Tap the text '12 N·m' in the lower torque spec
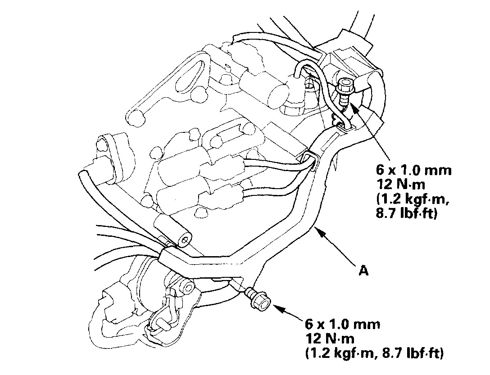[x=327, y=339]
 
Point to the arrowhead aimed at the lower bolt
[x=276, y=308]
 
